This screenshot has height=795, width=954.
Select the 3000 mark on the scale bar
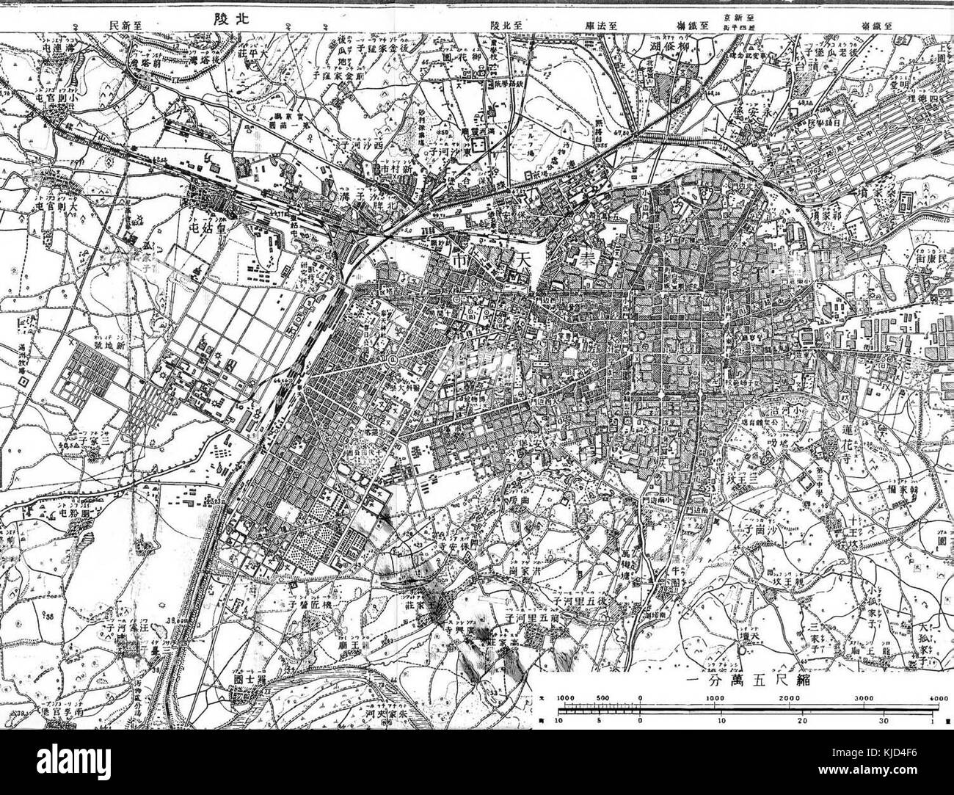(x=864, y=697)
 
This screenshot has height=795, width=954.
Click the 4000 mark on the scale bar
(x=938, y=697)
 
